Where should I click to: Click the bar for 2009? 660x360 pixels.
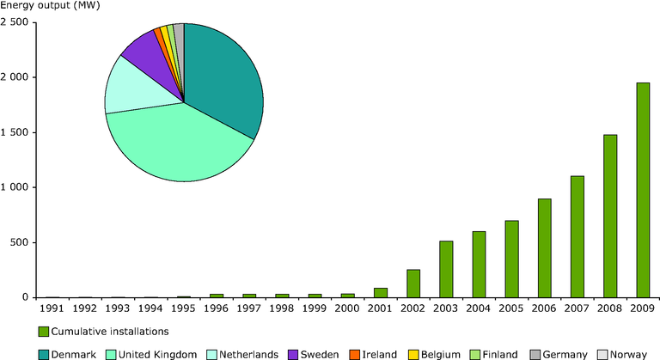click(643, 191)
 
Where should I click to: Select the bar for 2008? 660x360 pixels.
click(610, 217)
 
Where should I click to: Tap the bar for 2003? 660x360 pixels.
click(446, 270)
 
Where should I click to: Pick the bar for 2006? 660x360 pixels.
click(544, 248)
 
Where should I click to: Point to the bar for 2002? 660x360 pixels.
click(412, 284)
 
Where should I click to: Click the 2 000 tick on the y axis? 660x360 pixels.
click(15, 77)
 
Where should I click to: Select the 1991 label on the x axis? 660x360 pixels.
click(52, 308)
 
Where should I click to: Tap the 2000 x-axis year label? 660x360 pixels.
click(347, 308)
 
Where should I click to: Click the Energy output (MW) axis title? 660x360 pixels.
click(50, 6)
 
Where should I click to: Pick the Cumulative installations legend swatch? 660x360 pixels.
click(43, 332)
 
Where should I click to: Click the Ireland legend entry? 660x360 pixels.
click(373, 355)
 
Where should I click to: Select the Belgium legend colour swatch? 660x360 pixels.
click(413, 355)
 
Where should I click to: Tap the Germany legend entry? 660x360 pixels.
click(559, 355)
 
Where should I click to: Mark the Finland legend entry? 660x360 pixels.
click(494, 355)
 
